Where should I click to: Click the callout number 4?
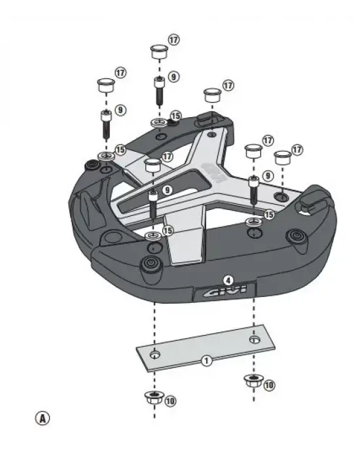point(227,279)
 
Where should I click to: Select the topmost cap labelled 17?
point(158,51)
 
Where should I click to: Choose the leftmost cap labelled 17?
point(105,85)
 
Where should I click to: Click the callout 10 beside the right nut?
point(268,385)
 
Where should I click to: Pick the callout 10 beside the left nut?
point(170,400)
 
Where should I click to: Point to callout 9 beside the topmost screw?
point(173,77)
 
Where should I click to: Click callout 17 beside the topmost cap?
point(174,40)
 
